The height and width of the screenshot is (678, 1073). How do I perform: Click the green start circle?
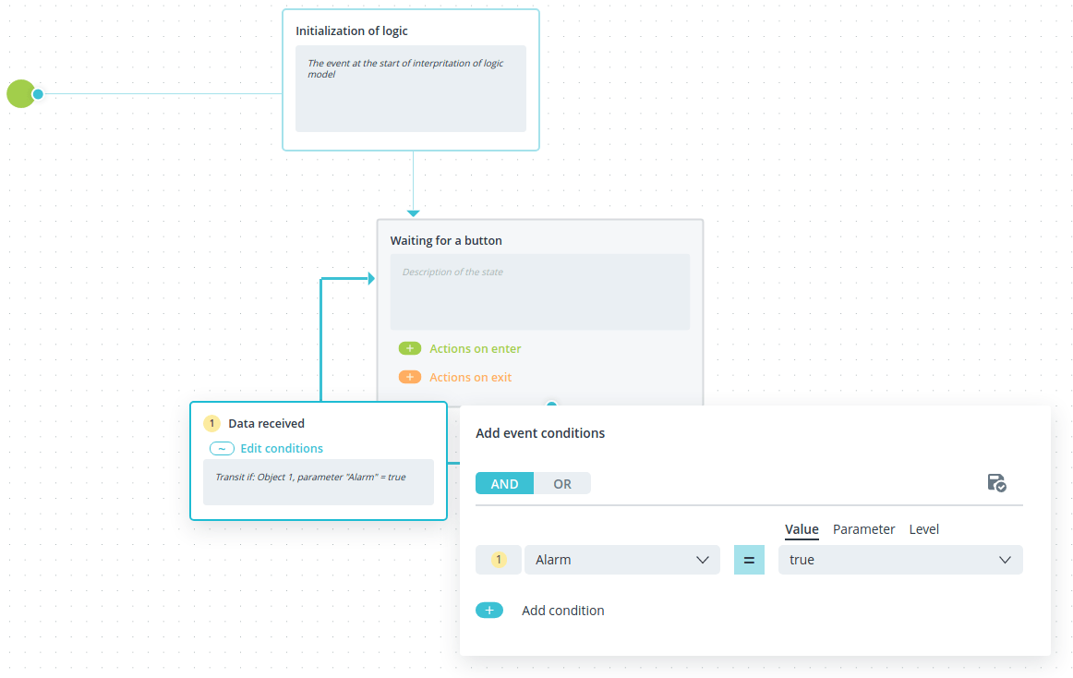point(20,94)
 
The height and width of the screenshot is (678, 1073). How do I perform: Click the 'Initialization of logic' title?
point(352,30)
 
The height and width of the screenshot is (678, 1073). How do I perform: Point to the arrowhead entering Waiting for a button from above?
point(413,213)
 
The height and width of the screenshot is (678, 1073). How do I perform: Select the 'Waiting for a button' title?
point(446,240)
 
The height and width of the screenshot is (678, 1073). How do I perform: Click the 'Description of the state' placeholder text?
point(452,272)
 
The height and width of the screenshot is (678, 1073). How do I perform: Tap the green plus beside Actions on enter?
point(410,348)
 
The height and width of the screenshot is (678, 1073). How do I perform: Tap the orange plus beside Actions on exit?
point(410,378)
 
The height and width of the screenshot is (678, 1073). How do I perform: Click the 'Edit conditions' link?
point(282,449)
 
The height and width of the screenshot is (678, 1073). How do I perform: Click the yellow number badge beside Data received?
point(212,423)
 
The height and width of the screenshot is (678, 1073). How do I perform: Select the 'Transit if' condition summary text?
point(310,477)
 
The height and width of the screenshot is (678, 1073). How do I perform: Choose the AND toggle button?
point(504,483)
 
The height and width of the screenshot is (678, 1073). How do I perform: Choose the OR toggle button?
point(562,483)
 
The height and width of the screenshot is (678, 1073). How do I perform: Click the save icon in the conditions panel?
point(996,483)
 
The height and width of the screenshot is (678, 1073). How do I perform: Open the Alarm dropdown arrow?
point(702,560)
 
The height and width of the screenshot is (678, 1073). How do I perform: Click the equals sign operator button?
point(749,560)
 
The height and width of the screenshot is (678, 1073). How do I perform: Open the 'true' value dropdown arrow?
point(1005,560)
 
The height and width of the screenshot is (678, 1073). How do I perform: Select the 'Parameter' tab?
point(863,529)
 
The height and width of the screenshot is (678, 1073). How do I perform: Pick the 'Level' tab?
point(923,529)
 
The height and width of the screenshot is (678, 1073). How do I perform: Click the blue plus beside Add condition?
point(489,611)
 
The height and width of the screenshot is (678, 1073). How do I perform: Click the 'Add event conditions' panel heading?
point(540,433)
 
